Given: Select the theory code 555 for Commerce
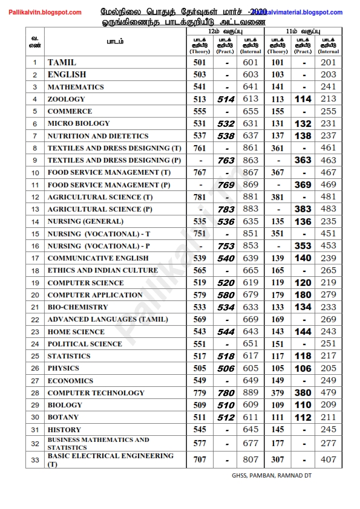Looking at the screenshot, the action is coord(200,111).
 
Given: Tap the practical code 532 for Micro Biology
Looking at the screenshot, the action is coord(226,124).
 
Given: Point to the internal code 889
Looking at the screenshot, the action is coord(250,393).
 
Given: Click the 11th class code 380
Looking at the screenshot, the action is coord(303,393).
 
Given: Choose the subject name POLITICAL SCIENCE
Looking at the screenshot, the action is coord(85,344).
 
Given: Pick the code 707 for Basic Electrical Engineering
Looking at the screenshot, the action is coord(200,459).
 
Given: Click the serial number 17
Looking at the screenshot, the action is coord(35,258).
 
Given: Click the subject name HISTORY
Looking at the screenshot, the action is coord(64,430).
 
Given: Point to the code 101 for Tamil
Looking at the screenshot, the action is coord(278,62).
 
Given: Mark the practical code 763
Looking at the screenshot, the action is coord(226,160).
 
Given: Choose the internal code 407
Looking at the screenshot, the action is coord(329,459).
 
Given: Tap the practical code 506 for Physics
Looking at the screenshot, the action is coord(226,368).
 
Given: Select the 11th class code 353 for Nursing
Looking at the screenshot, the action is coord(303,246).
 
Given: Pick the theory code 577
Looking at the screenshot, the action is coord(200,443).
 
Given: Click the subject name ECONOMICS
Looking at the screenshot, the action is coord(70,381).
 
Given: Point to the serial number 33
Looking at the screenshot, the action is coord(35,459).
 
